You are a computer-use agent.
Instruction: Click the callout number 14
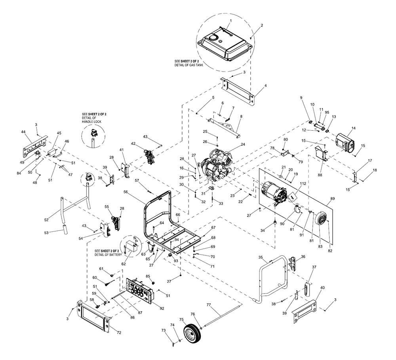click(353, 128)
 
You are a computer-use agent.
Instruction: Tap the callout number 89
click(332, 199)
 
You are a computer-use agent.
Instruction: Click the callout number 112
click(303, 184)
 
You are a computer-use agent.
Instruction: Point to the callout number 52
click(46, 220)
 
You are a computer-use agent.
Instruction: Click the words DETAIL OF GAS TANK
click(188, 65)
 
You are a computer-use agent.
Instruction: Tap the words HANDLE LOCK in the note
click(91, 122)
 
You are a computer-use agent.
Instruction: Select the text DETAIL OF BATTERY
click(108, 255)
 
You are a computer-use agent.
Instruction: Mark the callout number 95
click(327, 113)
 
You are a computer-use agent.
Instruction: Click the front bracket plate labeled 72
click(94, 315)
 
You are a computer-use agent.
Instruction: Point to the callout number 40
click(322, 288)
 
